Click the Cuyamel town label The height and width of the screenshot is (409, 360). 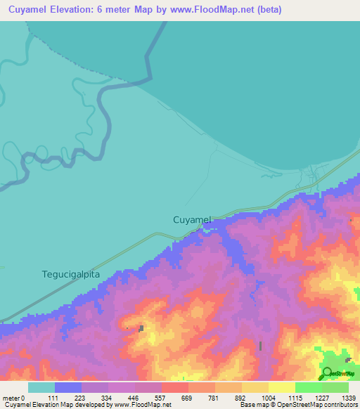[192, 220]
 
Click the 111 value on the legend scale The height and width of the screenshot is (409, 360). [69, 398]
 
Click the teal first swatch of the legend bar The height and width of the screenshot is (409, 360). [41, 387]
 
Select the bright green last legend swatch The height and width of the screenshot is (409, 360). [335, 387]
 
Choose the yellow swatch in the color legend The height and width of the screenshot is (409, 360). [282, 387]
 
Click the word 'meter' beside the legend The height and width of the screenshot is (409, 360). [11, 398]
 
